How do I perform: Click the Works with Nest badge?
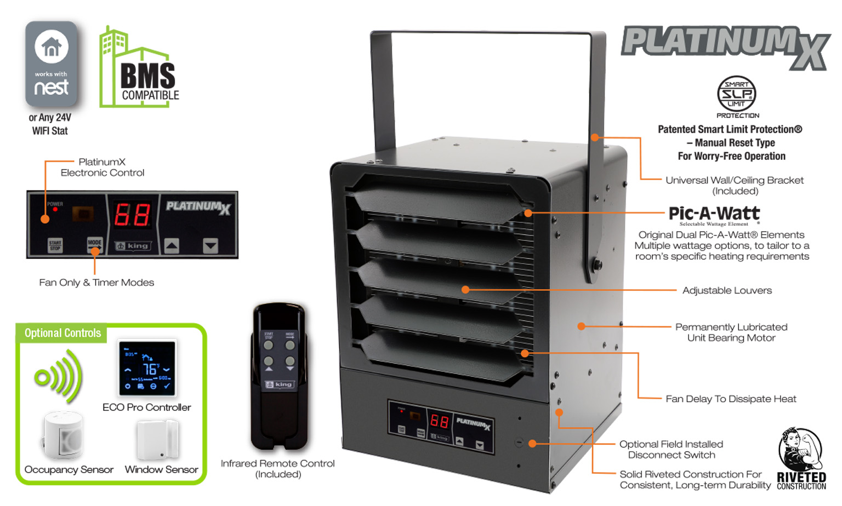(51, 64)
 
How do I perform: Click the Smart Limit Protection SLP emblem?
(736, 95)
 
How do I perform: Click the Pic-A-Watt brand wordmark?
(714, 214)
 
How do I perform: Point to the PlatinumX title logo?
(725, 47)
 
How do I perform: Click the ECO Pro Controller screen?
(147, 368)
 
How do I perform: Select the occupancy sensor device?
(62, 436)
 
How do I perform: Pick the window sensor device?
(158, 440)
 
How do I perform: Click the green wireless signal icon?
(58, 377)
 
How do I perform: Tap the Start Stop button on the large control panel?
(55, 245)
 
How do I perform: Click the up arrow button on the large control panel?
(172, 246)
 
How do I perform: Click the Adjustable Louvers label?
(727, 290)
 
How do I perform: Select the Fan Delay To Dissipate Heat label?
(731, 399)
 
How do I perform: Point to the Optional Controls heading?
(62, 333)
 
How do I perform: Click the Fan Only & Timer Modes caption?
(96, 283)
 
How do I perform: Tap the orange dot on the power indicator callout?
(45, 219)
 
